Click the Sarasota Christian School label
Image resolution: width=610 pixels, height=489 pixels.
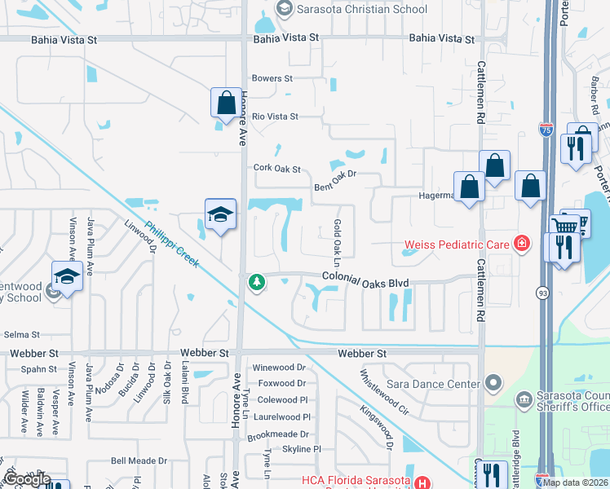[360, 9]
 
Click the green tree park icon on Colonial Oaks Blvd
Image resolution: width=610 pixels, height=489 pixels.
[256, 282]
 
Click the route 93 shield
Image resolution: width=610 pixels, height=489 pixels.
[542, 292]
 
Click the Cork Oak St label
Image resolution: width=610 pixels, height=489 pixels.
[276, 169]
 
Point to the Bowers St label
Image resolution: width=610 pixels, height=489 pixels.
[272, 78]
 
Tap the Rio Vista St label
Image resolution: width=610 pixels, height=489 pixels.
[275, 117]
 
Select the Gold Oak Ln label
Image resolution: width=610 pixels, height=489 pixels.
[336, 236]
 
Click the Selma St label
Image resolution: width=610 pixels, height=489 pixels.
[21, 334]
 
